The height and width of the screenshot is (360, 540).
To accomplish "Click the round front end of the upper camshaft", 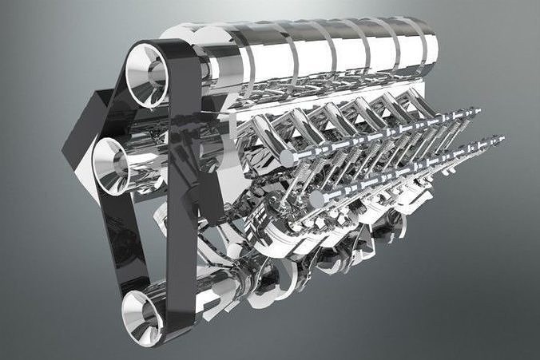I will tap(285, 158).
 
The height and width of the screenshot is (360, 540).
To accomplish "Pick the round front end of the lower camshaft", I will tap(317, 198).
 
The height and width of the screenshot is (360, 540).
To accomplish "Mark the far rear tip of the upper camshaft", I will tap(478, 112).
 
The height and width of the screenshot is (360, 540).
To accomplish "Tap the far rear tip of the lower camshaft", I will tap(502, 140).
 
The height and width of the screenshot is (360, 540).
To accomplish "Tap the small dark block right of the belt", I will tap(209, 195).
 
